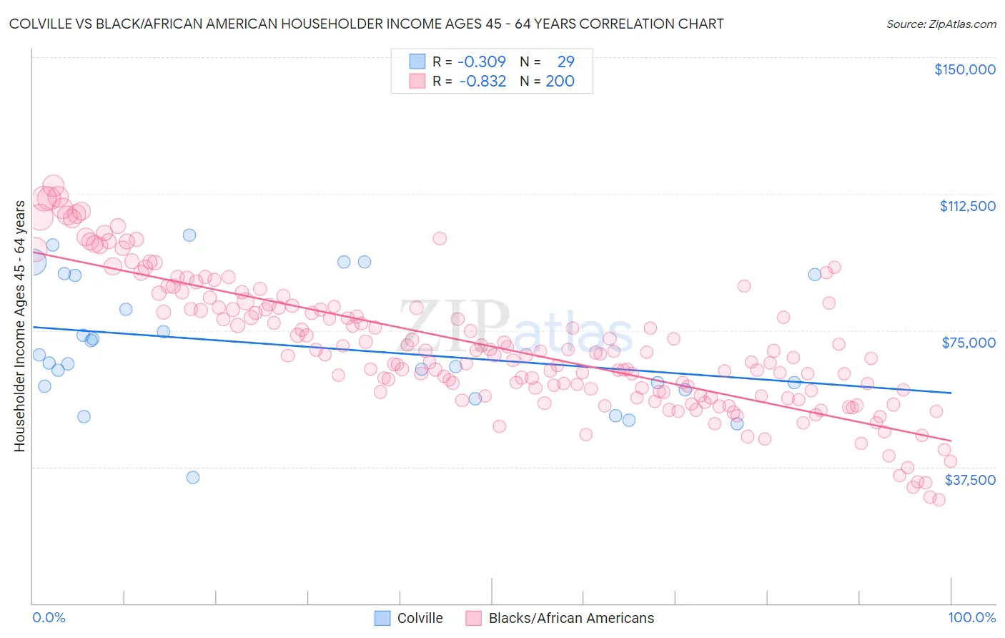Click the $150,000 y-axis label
(x=964, y=69)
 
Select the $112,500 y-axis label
(x=967, y=206)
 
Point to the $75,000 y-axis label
(x=969, y=343)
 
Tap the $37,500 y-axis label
(x=970, y=480)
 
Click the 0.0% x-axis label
(x=49, y=617)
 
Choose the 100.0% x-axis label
(x=971, y=617)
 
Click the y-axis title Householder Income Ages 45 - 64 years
(x=19, y=326)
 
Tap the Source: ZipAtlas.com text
(x=941, y=24)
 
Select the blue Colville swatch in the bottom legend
(x=382, y=618)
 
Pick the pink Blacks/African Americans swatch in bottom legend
(x=473, y=618)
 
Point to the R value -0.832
(x=482, y=81)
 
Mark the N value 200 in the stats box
(x=560, y=81)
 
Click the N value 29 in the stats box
(x=565, y=62)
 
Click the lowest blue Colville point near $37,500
(x=193, y=477)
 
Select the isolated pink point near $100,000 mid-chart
(x=440, y=238)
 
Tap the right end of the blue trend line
(x=951, y=393)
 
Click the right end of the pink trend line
(x=951, y=440)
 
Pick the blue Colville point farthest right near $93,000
(x=814, y=275)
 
